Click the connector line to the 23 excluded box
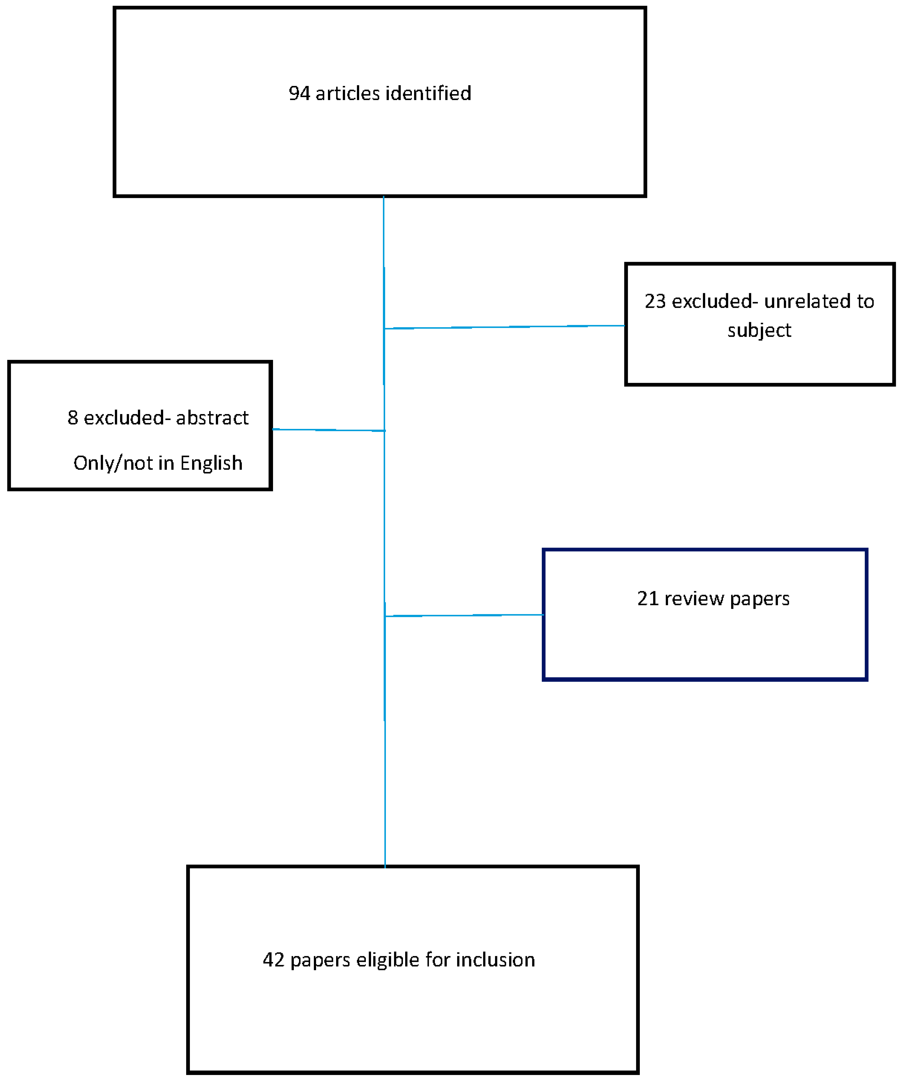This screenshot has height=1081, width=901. tap(504, 327)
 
